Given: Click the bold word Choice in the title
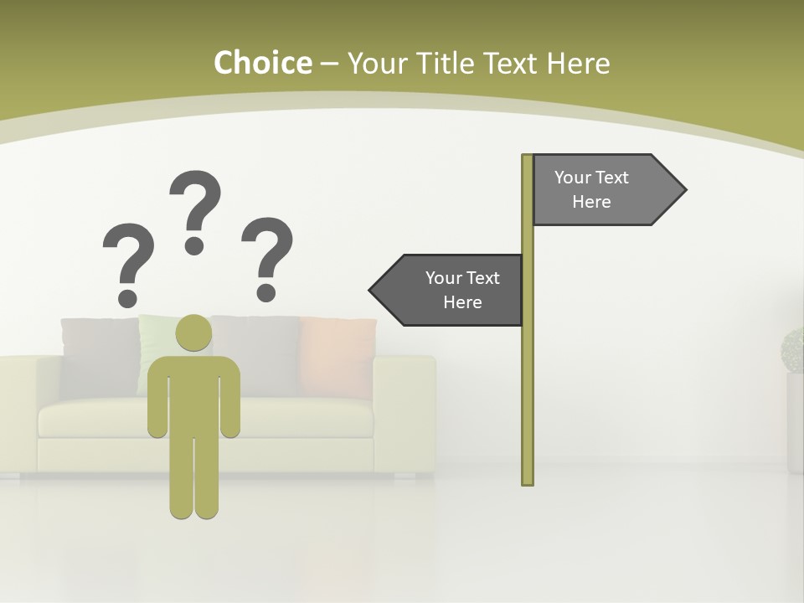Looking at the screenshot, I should [262, 63].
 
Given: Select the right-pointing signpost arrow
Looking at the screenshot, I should [603, 190].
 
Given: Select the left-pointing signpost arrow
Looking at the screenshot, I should [452, 291].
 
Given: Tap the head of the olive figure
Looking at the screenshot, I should [193, 332].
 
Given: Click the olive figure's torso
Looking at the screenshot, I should [193, 394].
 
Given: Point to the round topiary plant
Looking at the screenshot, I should [792, 350].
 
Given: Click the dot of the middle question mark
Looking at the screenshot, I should [194, 245].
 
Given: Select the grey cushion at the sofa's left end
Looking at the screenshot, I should [99, 356].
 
